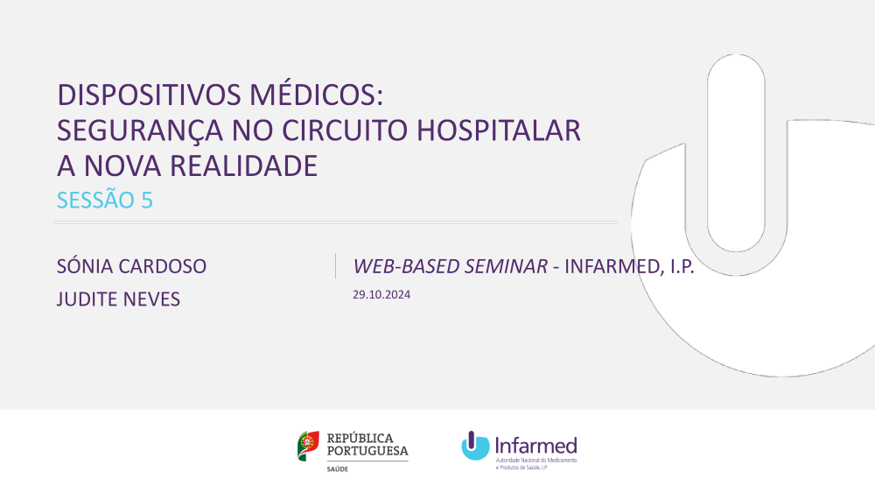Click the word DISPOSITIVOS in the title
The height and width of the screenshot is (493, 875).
point(150,95)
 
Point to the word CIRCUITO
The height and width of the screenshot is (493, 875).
point(345,130)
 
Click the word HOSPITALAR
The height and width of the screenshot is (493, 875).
point(499,130)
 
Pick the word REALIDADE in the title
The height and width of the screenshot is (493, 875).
point(243,166)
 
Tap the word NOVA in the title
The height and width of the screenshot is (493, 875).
point(122,166)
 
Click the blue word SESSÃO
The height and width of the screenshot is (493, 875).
point(95,199)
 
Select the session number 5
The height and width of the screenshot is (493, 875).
point(147,201)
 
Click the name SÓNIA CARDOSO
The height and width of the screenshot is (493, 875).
point(132,265)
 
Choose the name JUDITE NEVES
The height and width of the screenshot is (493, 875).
point(118,299)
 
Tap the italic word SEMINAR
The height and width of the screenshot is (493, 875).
point(506,266)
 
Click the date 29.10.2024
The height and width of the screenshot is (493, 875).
point(381,295)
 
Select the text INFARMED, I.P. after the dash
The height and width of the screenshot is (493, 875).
point(629,267)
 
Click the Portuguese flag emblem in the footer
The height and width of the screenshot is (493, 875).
point(308,446)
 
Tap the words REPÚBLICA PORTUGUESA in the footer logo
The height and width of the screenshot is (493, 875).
point(367,445)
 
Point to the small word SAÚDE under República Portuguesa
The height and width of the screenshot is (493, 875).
point(337,469)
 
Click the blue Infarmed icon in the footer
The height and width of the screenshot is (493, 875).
point(475,446)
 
